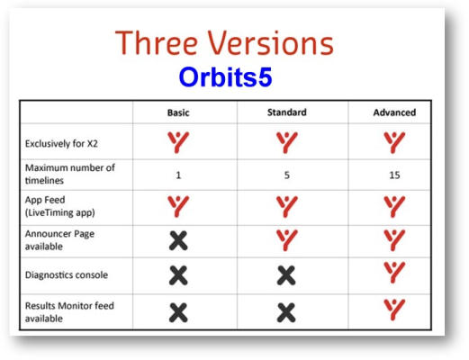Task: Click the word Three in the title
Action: [156, 43]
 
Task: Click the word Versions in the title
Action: [271, 43]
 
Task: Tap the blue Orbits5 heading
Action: [225, 77]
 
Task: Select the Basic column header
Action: [178, 112]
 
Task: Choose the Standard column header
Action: [287, 112]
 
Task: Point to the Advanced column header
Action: [394, 112]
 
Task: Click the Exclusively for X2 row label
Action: [61, 144]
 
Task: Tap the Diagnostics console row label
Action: [67, 274]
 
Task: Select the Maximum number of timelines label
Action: [70, 174]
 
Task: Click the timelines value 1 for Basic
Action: [178, 175]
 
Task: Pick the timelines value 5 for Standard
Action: [287, 175]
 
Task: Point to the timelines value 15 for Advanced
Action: [394, 175]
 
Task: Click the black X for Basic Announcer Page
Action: [178, 240]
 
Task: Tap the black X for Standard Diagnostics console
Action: [286, 275]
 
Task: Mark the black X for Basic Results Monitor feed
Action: [178, 312]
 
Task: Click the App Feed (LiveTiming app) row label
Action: [60, 206]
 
